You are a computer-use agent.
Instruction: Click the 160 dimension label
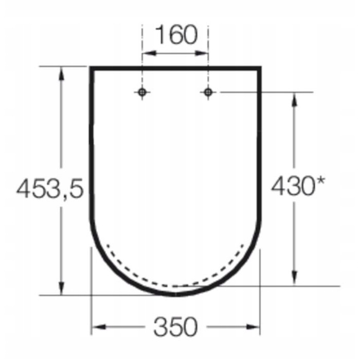tap(176, 34)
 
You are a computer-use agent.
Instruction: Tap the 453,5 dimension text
tap(49, 188)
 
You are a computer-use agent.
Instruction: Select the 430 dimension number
tap(292, 186)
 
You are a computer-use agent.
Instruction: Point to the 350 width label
tap(175, 327)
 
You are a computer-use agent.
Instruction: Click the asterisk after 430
tap(320, 181)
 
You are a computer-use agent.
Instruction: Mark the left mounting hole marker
tap(142, 92)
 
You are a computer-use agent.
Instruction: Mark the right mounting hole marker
tap(208, 92)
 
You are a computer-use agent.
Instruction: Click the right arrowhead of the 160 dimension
tap(202, 53)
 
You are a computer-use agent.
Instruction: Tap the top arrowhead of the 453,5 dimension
tap(61, 74)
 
